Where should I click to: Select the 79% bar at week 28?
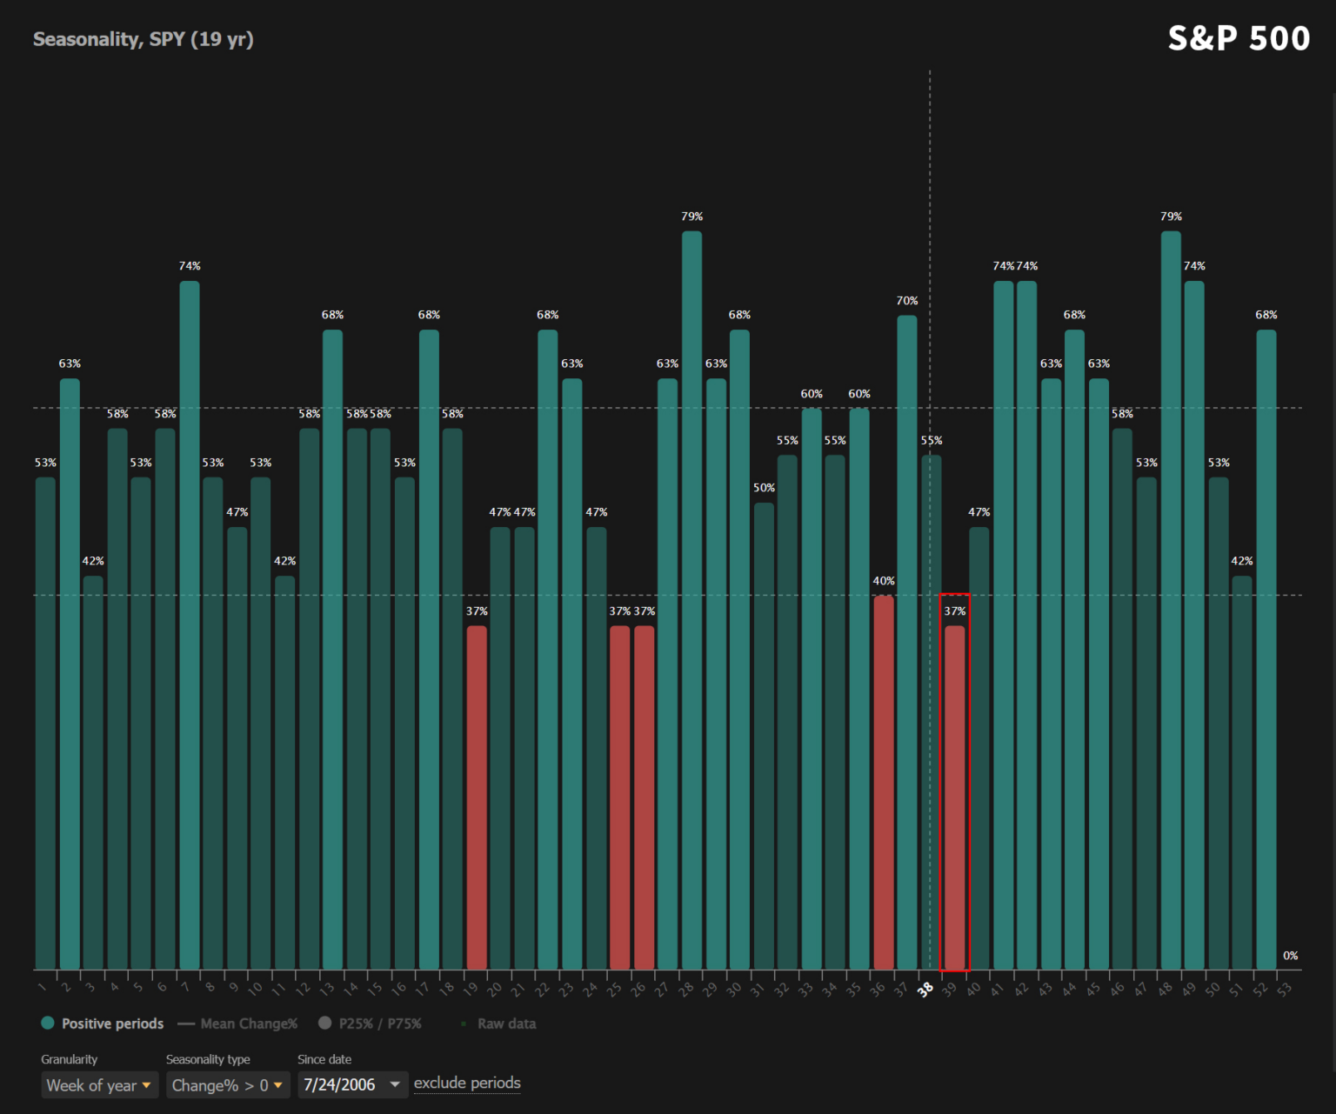(x=691, y=600)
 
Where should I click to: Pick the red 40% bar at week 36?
(x=884, y=783)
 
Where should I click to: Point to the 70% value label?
(x=907, y=301)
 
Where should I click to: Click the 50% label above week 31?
(x=764, y=488)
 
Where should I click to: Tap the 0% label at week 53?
(x=1290, y=956)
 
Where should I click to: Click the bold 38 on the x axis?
(x=925, y=990)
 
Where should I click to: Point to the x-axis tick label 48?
(x=1166, y=990)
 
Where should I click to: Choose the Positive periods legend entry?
(x=103, y=1024)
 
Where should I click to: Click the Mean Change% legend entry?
(x=238, y=1024)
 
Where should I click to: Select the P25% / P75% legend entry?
(x=371, y=1024)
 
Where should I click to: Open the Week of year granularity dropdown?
(x=99, y=1085)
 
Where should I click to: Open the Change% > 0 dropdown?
(x=227, y=1085)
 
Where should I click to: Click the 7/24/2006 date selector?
(x=352, y=1085)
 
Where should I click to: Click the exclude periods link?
(x=467, y=1084)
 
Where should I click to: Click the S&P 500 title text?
(x=1239, y=39)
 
